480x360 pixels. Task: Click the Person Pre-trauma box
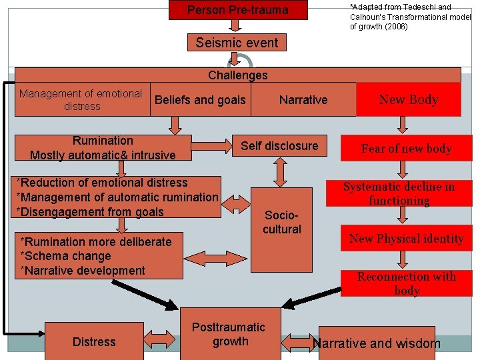point(237,10)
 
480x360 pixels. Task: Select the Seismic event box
point(237,43)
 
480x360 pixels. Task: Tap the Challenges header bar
point(237,75)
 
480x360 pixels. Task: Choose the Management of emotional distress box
point(81,100)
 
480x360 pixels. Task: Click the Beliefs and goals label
point(200,100)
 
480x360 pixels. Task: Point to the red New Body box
point(408,99)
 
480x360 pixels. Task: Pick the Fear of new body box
point(407,149)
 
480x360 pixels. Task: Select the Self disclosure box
point(279,146)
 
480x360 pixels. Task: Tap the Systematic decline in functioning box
point(399,194)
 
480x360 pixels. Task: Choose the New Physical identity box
point(406,239)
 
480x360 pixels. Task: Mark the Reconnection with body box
point(407,283)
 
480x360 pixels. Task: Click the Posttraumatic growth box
point(229,334)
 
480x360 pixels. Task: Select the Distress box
point(94,342)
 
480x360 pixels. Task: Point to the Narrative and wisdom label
point(377,343)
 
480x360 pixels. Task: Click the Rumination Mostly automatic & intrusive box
point(103,148)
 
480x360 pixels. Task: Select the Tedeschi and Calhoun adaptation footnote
point(410,17)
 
